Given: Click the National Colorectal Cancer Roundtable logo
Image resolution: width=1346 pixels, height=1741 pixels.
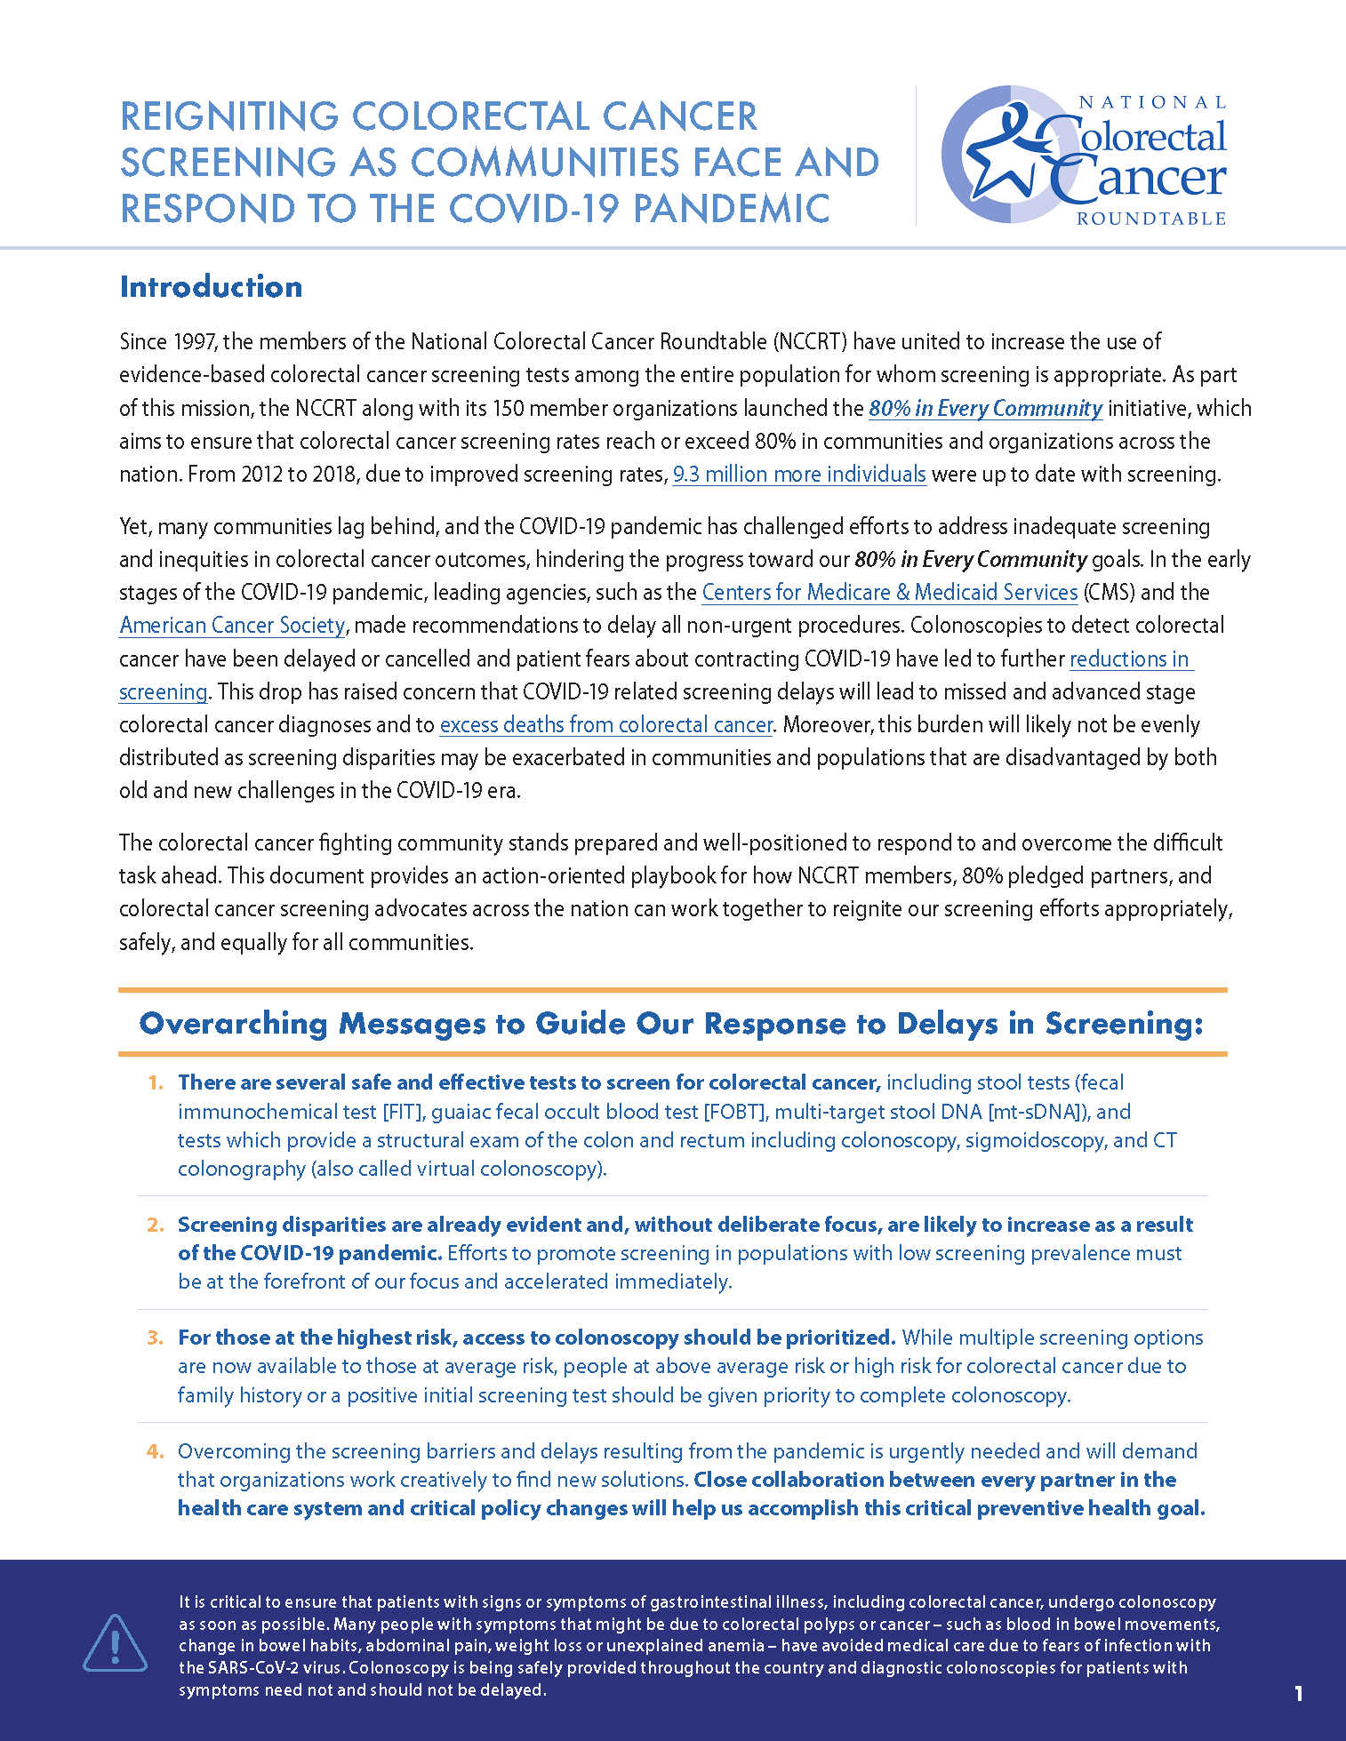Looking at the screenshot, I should coord(1084,156).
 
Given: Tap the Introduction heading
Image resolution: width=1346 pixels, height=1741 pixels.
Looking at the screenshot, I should coord(211,287).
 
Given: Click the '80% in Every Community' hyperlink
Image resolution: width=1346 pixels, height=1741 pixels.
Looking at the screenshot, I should coord(985,409).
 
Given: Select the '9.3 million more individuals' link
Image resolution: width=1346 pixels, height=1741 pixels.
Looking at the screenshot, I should coord(799,475).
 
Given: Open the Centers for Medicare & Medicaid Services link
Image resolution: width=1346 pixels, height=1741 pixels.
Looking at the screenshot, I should coord(889,593).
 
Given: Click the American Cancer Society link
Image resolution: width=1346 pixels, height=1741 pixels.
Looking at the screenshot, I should coord(232,626).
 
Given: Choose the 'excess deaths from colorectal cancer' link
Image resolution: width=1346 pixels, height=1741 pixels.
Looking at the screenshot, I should coord(606,725).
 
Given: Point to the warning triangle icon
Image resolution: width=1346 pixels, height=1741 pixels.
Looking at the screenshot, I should coord(116,1643).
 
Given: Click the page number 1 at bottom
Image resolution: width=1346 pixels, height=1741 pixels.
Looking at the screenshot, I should coord(1299,1694).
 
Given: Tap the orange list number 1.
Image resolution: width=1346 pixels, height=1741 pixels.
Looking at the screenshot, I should coord(156,1082).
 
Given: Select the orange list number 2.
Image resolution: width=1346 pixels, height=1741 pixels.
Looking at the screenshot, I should coord(156,1225).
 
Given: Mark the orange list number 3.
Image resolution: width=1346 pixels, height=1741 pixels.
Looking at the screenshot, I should coord(156,1338).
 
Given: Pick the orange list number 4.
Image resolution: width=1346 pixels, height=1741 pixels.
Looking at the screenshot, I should coord(156,1451).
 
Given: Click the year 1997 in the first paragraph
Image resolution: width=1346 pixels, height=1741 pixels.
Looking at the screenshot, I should coord(194,342).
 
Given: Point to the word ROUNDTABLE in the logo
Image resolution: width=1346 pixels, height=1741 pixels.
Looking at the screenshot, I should coord(1151,219).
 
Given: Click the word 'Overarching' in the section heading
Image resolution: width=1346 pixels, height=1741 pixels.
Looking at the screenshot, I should coord(234,1024).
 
